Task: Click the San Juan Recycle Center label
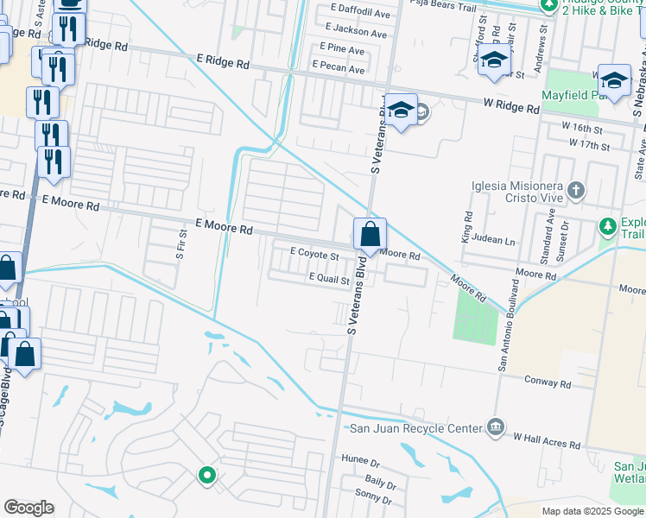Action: point(415,428)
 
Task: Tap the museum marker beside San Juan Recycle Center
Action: point(495,426)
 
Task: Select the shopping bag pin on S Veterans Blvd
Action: point(370,234)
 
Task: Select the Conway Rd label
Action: point(549,381)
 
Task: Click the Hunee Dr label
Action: point(361,458)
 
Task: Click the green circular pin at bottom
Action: point(207,474)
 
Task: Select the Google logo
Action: point(28,508)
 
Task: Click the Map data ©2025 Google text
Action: point(592,511)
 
